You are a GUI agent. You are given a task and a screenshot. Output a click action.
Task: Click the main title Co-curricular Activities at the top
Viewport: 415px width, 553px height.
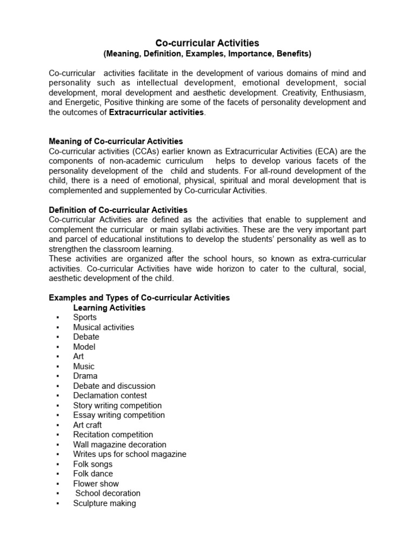[207, 43]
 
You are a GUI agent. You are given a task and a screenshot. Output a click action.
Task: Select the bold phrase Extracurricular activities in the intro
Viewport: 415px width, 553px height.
[157, 112]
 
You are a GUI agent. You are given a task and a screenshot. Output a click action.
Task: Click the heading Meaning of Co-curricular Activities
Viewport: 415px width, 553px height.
[116, 141]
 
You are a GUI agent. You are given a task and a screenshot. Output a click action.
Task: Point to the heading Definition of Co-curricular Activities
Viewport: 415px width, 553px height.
[118, 210]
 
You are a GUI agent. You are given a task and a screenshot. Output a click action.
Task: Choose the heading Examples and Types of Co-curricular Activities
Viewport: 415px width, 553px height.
[139, 298]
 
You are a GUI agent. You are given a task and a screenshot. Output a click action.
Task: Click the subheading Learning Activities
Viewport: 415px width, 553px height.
[109, 308]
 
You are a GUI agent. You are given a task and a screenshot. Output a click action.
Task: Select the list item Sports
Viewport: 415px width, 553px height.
[85, 318]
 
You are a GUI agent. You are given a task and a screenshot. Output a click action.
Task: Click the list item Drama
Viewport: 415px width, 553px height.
[85, 376]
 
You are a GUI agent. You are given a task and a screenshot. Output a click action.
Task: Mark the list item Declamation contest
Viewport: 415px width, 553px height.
[110, 395]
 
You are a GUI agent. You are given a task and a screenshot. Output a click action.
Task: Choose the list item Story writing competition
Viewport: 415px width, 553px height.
[117, 405]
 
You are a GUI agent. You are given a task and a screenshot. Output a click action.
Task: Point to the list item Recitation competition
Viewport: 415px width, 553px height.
[113, 434]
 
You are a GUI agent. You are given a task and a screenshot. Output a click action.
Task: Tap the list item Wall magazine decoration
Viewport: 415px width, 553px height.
[119, 444]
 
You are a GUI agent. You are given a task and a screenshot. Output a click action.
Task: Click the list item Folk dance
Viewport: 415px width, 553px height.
[93, 474]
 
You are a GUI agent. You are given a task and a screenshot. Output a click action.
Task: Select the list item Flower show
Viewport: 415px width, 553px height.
[96, 483]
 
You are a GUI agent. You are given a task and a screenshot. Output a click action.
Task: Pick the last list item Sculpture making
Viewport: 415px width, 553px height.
[104, 503]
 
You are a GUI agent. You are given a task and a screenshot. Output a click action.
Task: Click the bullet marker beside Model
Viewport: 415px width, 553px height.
[57, 347]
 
